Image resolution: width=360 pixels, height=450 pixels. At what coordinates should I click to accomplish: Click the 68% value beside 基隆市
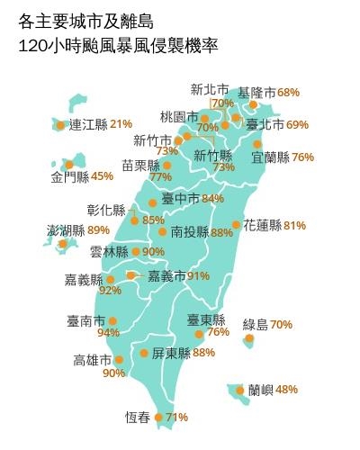[x=288, y=93]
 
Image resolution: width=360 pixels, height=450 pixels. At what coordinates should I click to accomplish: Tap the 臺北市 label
[x=265, y=123]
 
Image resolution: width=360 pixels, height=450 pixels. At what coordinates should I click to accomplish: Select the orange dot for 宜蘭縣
[x=258, y=144]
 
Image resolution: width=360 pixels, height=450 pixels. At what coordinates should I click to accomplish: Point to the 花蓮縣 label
[x=262, y=225]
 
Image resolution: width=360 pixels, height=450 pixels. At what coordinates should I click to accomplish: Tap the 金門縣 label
[x=69, y=175]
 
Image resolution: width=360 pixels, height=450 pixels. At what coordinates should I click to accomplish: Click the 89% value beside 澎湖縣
[x=98, y=230]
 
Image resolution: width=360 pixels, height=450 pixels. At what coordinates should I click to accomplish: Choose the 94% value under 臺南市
[x=108, y=333]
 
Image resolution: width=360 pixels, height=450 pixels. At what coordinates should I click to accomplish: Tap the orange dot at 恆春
[x=159, y=418]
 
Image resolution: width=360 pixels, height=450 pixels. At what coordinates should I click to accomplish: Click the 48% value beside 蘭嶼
[x=286, y=390]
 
